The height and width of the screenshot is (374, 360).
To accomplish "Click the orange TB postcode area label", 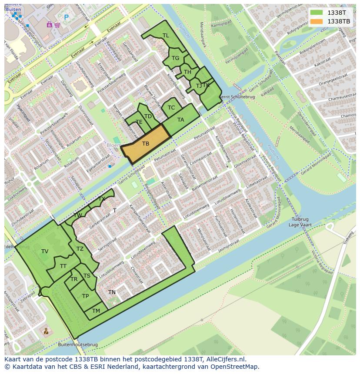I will click(146, 144).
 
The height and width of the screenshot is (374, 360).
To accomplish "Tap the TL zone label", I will click(166, 36).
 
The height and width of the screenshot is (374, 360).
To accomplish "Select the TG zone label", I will click(175, 58).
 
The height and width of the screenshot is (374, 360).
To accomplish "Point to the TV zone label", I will click(45, 252).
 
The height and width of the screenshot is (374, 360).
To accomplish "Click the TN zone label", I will click(112, 292).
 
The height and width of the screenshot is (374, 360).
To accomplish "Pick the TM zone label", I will click(96, 311).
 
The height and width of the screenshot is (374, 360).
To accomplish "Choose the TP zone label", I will click(86, 296).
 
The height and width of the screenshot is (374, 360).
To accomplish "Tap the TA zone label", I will click(180, 120).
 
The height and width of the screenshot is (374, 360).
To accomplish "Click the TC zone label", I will click(171, 108).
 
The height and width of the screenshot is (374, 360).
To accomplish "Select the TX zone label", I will click(102, 199).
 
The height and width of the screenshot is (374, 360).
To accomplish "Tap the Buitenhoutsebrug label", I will click(77, 345).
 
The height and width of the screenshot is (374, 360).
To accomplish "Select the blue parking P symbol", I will click(67, 17).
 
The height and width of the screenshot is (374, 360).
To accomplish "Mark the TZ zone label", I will click(80, 249).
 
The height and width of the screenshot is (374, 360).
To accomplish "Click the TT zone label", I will click(63, 266).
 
